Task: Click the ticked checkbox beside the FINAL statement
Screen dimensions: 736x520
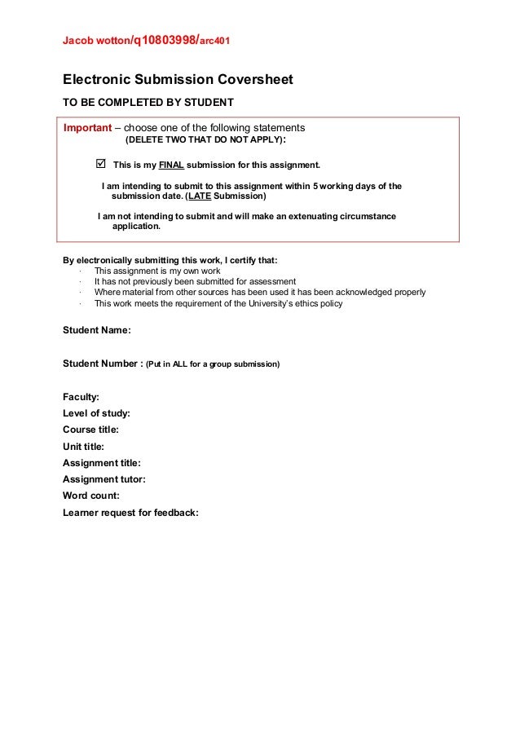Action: click(101, 163)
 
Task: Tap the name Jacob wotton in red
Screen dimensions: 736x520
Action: click(96, 41)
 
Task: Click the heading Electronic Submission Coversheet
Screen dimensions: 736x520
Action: click(178, 80)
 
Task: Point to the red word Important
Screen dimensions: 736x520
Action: click(87, 128)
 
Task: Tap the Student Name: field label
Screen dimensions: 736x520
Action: click(97, 330)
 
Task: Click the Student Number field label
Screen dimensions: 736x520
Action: click(103, 364)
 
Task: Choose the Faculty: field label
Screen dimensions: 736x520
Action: click(81, 397)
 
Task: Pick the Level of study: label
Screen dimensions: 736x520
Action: click(96, 413)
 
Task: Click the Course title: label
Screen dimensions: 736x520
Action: click(90, 430)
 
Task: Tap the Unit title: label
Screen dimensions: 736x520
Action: click(83, 447)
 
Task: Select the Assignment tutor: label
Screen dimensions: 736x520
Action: click(104, 479)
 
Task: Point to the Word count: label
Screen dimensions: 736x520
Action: click(91, 496)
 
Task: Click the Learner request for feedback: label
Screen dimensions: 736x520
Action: click(130, 513)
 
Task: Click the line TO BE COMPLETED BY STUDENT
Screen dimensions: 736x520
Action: click(148, 103)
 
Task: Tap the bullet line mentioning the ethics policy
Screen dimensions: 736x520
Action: click(218, 304)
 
